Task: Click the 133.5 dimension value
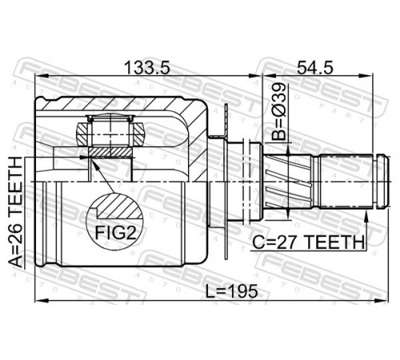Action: [147, 68]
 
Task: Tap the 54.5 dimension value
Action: [315, 68]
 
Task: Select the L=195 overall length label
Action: [232, 291]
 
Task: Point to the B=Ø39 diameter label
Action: [278, 112]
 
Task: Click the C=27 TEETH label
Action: [308, 242]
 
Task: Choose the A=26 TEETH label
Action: [15, 212]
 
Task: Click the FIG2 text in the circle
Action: [116, 233]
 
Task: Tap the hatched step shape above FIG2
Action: [119, 206]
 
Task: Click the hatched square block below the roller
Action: [110, 152]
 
